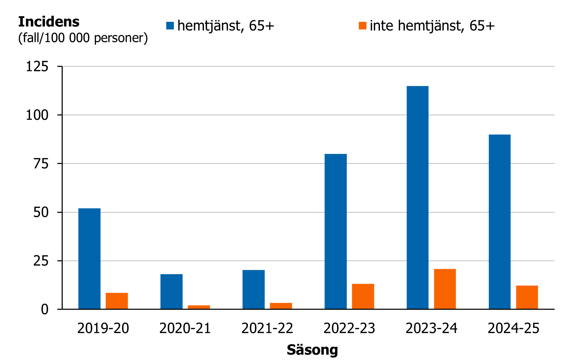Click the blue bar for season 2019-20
coord(89,258)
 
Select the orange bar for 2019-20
coord(117,301)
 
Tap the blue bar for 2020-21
coord(171,291)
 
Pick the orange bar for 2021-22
coord(281,306)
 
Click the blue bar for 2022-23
coord(336,231)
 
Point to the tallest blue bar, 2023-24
coord(417,197)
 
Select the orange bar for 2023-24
coord(445,289)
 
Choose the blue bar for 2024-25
coord(499,222)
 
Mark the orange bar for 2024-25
coord(527,297)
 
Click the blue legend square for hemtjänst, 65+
coord(170,26)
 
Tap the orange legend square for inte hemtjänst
coord(362,26)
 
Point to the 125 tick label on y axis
coord(37,67)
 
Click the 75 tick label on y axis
coord(41,164)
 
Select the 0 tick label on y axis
coord(45,309)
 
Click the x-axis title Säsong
coord(312,350)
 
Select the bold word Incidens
coord(49,22)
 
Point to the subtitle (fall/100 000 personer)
coord(83,38)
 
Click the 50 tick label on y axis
coord(41,212)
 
